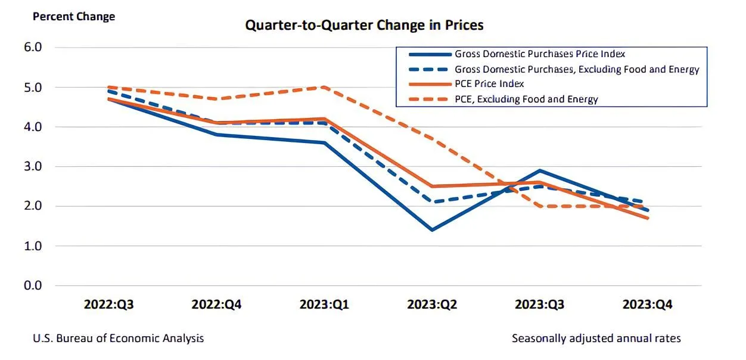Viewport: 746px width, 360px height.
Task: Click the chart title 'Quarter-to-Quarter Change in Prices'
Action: [x=364, y=25]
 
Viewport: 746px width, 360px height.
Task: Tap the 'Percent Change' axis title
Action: [x=74, y=17]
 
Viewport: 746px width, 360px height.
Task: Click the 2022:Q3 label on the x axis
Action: [x=108, y=305]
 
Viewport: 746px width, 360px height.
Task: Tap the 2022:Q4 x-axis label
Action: [x=216, y=305]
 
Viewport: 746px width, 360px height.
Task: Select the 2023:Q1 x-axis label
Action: [x=324, y=305]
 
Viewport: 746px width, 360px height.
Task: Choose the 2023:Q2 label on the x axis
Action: [x=431, y=305]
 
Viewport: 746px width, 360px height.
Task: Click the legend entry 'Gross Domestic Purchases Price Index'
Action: [x=540, y=54]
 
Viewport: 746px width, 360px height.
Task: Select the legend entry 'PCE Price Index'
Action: [x=489, y=84]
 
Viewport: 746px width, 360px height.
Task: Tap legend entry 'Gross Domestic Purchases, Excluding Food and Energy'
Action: [x=577, y=69]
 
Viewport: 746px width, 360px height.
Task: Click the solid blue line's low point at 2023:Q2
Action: [x=431, y=229]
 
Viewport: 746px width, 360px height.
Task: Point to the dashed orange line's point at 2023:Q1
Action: [x=324, y=87]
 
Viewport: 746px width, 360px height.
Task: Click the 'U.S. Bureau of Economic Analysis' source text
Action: [x=118, y=339]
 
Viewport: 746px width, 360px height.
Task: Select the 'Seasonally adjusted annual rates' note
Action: [x=596, y=339]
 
